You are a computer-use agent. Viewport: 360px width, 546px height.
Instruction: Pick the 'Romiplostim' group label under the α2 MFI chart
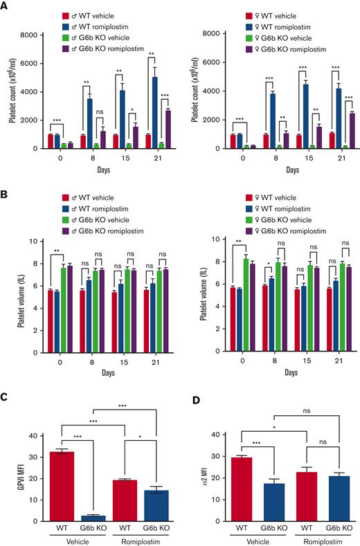(x=309, y=540)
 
